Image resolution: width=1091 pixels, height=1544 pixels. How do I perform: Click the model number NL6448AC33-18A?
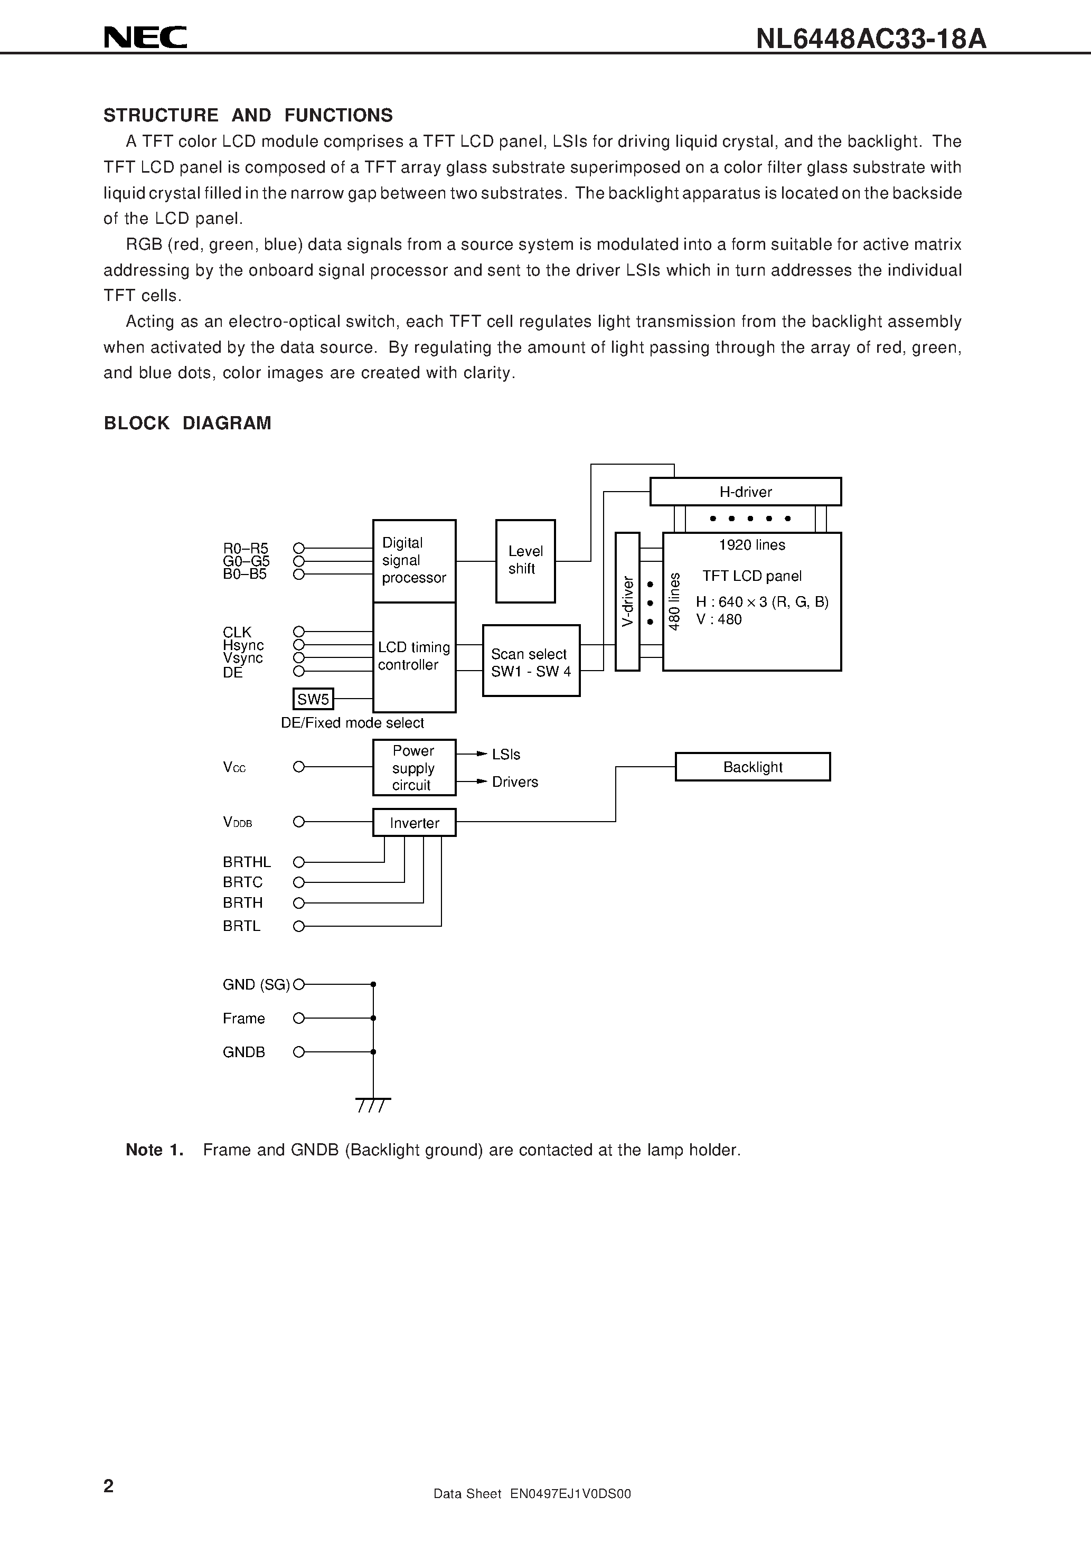[870, 39]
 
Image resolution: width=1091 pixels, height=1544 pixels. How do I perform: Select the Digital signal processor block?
[413, 561]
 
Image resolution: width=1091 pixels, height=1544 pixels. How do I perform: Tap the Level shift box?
[525, 561]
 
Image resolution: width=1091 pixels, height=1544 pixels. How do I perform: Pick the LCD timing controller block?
[413, 657]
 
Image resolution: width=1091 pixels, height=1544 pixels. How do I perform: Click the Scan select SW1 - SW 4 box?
[531, 661]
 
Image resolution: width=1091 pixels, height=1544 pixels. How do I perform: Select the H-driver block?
[745, 492]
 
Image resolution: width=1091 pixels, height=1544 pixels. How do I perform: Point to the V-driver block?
[627, 601]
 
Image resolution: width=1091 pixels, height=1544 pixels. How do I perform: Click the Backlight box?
[752, 767]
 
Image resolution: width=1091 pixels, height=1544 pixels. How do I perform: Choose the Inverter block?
[413, 823]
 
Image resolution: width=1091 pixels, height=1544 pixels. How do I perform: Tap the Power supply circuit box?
[413, 767]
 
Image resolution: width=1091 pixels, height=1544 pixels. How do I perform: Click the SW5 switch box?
[313, 699]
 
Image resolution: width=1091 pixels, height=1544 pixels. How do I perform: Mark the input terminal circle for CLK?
[299, 632]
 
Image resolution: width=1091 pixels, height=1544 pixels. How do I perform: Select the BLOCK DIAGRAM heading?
[187, 423]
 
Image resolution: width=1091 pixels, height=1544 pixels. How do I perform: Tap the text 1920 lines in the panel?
[751, 545]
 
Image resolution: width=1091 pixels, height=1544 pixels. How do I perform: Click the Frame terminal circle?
[299, 1018]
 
